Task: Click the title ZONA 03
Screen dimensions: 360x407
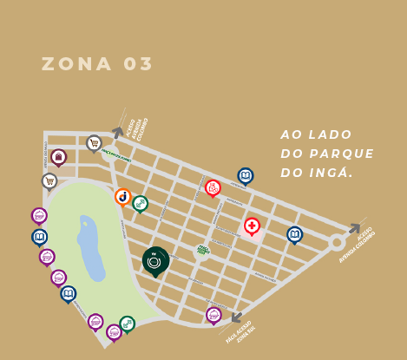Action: [x=97, y=64]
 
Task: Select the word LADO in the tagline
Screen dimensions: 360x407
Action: [x=331, y=134]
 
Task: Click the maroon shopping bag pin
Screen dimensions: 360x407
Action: [x=59, y=157]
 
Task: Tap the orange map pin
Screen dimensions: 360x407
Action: [x=123, y=197]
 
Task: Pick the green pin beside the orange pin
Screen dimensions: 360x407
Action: [x=140, y=203]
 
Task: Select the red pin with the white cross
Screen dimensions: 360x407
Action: [x=252, y=226]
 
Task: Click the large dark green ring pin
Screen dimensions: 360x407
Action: [x=155, y=259]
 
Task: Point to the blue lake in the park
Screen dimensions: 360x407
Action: [x=89, y=243]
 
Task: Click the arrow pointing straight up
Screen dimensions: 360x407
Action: [x=117, y=133]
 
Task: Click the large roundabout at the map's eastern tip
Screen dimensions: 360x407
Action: [x=336, y=243]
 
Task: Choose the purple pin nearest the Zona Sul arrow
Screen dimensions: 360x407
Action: [x=213, y=314]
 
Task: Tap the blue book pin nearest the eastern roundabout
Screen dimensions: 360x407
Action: [x=294, y=234]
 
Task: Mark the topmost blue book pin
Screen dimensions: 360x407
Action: [x=246, y=176]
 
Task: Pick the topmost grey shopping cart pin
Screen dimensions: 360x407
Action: [x=94, y=142]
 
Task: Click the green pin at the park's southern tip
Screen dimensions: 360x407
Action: [x=128, y=324]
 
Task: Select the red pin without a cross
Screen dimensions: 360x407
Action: [x=213, y=187]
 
